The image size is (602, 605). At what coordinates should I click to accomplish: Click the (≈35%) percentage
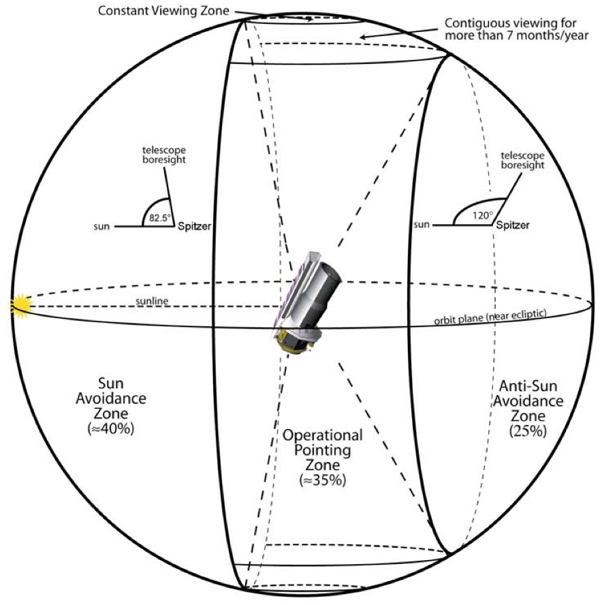323,479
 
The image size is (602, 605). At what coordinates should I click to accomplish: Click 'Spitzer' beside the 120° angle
512,224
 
